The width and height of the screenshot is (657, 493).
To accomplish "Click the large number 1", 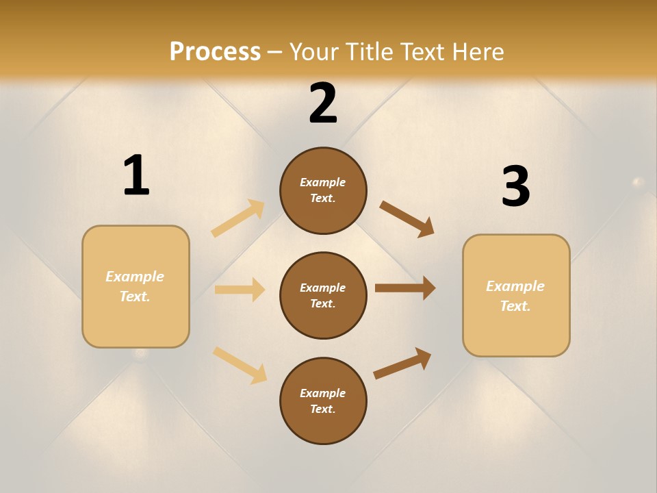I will pos(136,175).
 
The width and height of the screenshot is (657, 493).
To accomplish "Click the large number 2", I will pos(323,103).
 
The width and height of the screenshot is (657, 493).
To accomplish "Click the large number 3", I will pos(515,186).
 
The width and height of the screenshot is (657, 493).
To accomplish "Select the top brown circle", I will pos(323,190).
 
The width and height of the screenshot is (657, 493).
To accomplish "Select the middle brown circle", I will pos(323,295).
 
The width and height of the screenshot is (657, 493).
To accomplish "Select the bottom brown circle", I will pos(323,401).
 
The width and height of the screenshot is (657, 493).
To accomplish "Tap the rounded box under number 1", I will pos(136,286).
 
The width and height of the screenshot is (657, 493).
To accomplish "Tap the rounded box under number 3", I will pos(516,295).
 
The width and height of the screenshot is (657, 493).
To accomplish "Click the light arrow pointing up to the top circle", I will pos(238,218).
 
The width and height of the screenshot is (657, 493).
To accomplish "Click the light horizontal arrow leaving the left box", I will pos(240,290).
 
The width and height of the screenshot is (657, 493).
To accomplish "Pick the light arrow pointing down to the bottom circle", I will pos(240,364).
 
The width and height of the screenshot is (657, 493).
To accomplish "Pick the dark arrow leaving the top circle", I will pos(407,219).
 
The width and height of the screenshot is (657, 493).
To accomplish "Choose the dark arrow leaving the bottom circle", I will pos(402,364).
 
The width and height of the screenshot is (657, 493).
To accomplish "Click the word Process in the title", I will pos(215,51).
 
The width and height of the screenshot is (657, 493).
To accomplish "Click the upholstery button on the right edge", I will pos(638,182).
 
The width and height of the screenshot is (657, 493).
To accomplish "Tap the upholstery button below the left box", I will pos(140,354).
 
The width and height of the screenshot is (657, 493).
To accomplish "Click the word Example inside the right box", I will pos(515,286).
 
